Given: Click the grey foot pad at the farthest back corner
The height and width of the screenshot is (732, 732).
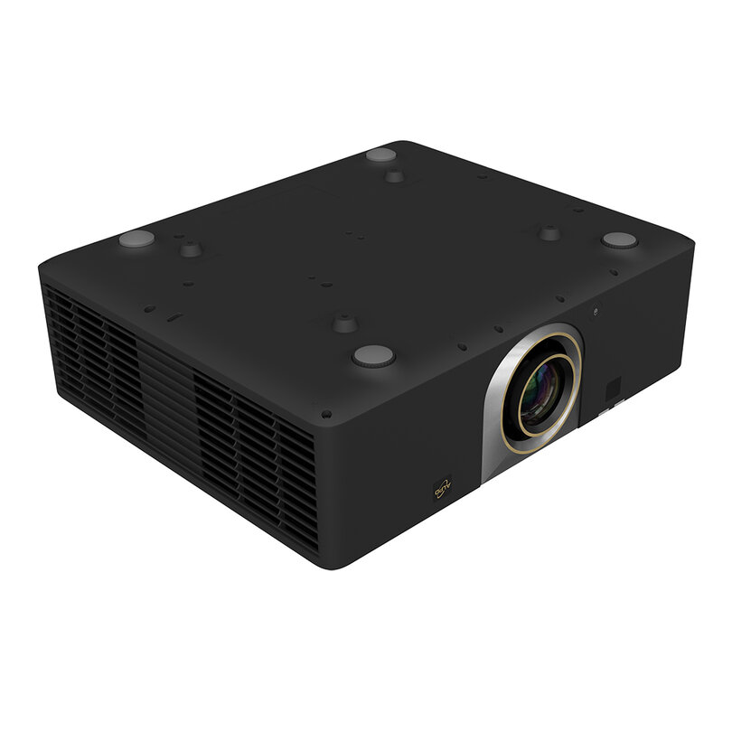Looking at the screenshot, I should (x=380, y=155).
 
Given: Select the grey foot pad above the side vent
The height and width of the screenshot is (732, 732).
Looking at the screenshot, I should (x=136, y=240).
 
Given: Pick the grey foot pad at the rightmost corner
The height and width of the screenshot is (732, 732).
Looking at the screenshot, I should (x=620, y=240).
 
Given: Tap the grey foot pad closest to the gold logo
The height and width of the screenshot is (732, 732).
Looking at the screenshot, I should (x=373, y=356).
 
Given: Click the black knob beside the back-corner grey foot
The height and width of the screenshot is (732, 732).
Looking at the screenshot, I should (x=395, y=174).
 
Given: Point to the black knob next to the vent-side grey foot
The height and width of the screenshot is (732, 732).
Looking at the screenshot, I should (x=190, y=248).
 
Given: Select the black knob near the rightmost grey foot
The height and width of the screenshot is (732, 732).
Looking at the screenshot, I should (x=549, y=232).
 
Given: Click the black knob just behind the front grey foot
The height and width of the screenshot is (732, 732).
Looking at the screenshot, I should (x=344, y=322).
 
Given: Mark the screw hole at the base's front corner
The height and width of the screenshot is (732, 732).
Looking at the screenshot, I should (x=325, y=414).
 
